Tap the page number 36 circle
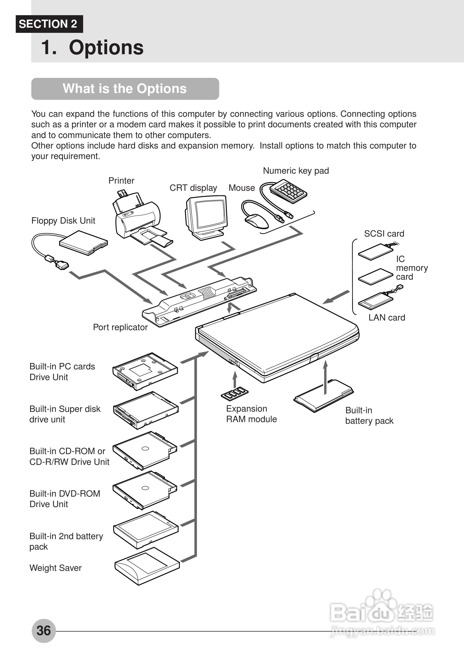(44, 630)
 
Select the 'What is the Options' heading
(125, 89)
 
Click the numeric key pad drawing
(289, 191)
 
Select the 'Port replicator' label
(120, 327)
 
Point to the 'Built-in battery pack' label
(369, 415)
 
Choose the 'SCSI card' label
(384, 234)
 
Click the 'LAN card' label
(387, 317)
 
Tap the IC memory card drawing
(375, 277)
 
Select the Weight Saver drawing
(147, 566)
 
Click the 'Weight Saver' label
(56, 568)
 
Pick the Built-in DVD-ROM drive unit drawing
(144, 490)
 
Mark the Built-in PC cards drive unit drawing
(145, 371)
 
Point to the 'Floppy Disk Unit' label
(63, 221)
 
